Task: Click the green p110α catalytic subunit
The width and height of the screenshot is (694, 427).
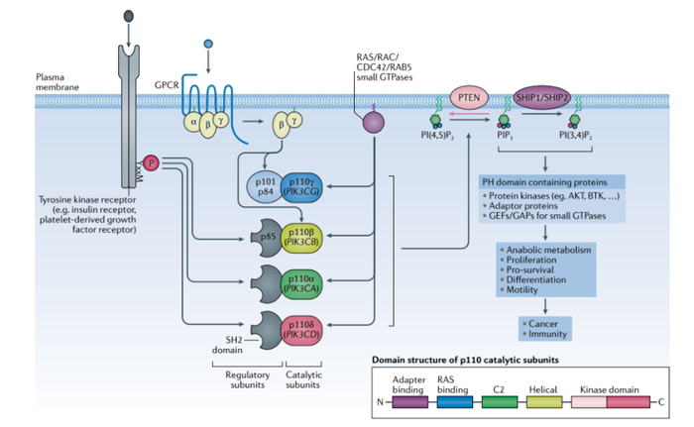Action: tap(300, 282)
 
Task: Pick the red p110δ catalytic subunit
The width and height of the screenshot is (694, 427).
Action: tap(300, 329)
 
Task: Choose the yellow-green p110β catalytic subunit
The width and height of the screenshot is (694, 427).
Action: tap(300, 238)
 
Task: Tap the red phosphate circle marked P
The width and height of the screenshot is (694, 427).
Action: tap(152, 161)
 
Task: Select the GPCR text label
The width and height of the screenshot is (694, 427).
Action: tap(167, 86)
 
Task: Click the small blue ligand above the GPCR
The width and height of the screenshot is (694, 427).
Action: tap(207, 45)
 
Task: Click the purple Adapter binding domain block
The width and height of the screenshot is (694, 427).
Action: tap(409, 401)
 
